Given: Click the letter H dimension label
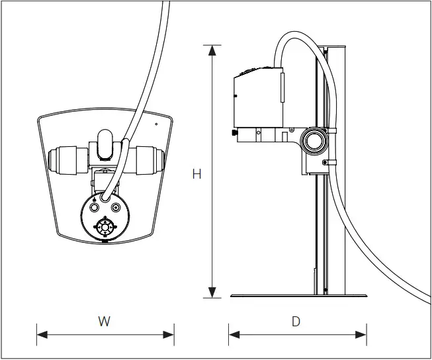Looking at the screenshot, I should click(196, 174).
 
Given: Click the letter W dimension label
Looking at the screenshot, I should click(104, 322).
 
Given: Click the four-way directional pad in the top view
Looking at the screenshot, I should click(105, 227).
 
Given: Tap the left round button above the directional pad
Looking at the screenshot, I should click(94, 207).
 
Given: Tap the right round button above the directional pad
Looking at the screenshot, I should click(116, 207).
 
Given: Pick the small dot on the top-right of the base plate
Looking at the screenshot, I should click(156, 124).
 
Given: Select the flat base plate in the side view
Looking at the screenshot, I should click(297, 295).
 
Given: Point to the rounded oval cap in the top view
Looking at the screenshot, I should click(105, 144).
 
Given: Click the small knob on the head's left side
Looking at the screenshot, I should click(236, 133).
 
